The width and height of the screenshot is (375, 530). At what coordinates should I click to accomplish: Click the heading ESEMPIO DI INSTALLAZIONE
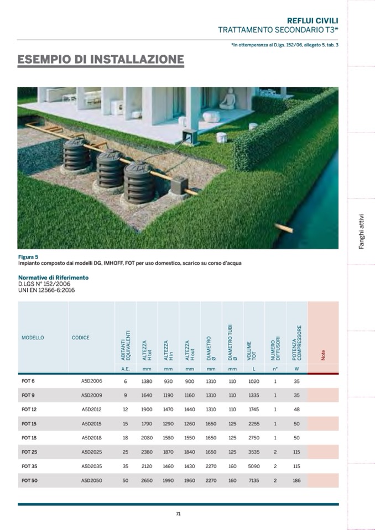[101, 59]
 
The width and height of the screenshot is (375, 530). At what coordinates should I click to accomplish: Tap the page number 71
[178, 513]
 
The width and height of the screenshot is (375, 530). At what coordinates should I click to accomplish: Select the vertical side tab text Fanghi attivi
[361, 232]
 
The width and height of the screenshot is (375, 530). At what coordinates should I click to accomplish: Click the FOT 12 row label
[29, 410]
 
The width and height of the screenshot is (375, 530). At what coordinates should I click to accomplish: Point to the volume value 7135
[254, 481]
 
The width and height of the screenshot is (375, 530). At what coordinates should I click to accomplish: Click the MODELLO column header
[33, 338]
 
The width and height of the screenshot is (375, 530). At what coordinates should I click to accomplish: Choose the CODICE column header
[80, 338]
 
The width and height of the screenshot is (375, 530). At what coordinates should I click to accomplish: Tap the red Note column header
[323, 354]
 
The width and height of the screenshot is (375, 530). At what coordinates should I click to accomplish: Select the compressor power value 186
[296, 481]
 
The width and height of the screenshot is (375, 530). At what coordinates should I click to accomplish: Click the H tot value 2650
[147, 481]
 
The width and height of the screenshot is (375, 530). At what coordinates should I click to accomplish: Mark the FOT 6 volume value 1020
[254, 381]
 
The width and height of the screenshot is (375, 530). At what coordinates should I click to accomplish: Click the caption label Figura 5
[28, 257]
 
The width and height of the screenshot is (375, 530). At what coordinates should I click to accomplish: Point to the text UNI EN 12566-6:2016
[46, 290]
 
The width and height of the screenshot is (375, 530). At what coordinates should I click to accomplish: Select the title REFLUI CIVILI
[312, 20]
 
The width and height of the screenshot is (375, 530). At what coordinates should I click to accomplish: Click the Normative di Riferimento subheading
[53, 277]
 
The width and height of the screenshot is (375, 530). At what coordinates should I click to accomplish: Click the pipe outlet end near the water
[288, 228]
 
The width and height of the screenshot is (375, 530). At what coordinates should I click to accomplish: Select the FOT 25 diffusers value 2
[275, 452]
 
